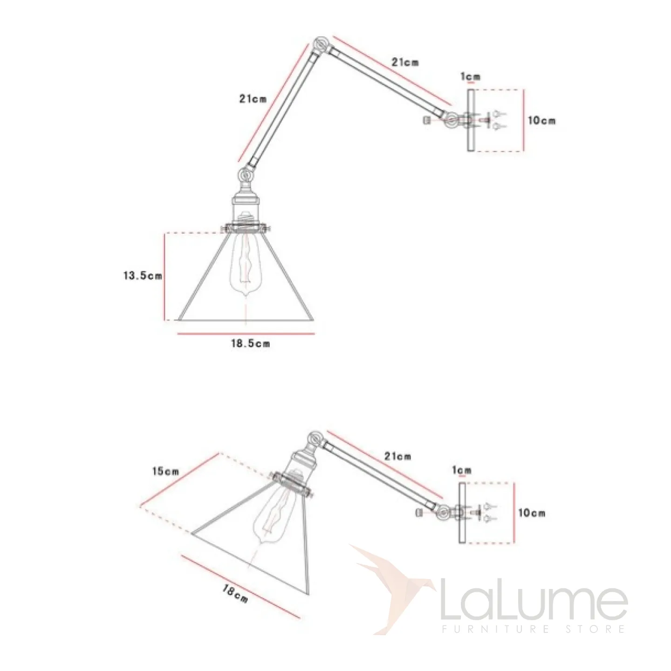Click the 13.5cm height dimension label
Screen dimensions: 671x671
[143, 276]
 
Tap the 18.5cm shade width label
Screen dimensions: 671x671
[250, 344]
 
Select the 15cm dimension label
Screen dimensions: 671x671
[165, 472]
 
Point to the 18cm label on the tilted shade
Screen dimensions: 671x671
[235, 594]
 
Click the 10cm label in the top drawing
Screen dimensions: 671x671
[542, 121]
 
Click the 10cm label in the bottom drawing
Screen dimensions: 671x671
[532, 513]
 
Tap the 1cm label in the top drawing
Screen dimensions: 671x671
[471, 76]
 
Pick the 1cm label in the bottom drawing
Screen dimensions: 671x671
[462, 471]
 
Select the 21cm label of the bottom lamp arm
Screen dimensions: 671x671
[397, 456]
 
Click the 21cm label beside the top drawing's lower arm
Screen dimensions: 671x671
[253, 99]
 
